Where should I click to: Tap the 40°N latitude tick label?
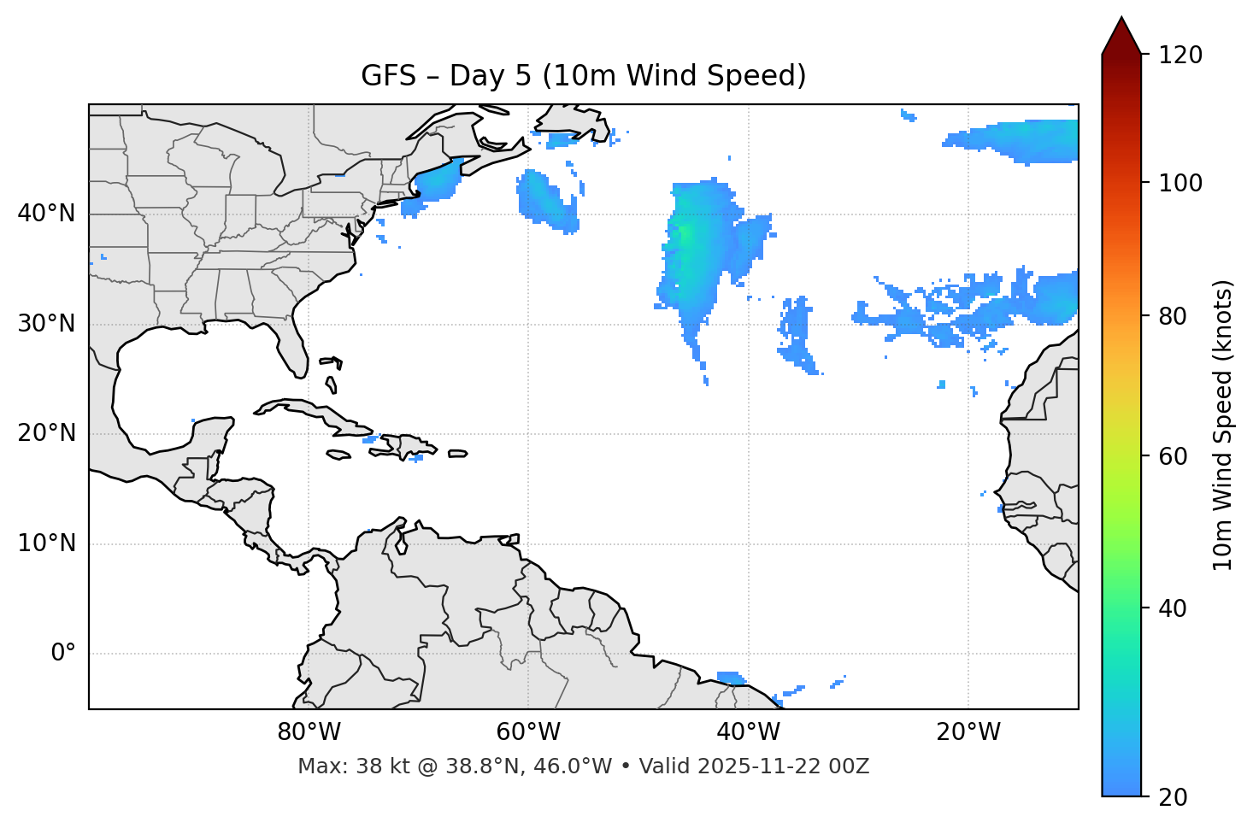[46, 213]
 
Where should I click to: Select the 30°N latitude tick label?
[46, 323]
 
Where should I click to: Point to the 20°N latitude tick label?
[46, 433]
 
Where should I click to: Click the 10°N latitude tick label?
[46, 543]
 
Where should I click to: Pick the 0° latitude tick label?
[63, 653]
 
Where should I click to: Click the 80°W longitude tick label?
[309, 732]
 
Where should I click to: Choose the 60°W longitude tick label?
[528, 732]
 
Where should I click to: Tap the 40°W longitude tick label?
[749, 732]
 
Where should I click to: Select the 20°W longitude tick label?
[968, 732]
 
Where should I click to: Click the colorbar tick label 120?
[1179, 56]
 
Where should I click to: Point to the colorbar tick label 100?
[1179, 183]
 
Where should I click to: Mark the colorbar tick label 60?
[1173, 456]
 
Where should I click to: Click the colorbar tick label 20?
[1173, 796]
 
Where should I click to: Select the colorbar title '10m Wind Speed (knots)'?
[1223, 425]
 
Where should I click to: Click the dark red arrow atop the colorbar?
[1121, 37]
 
